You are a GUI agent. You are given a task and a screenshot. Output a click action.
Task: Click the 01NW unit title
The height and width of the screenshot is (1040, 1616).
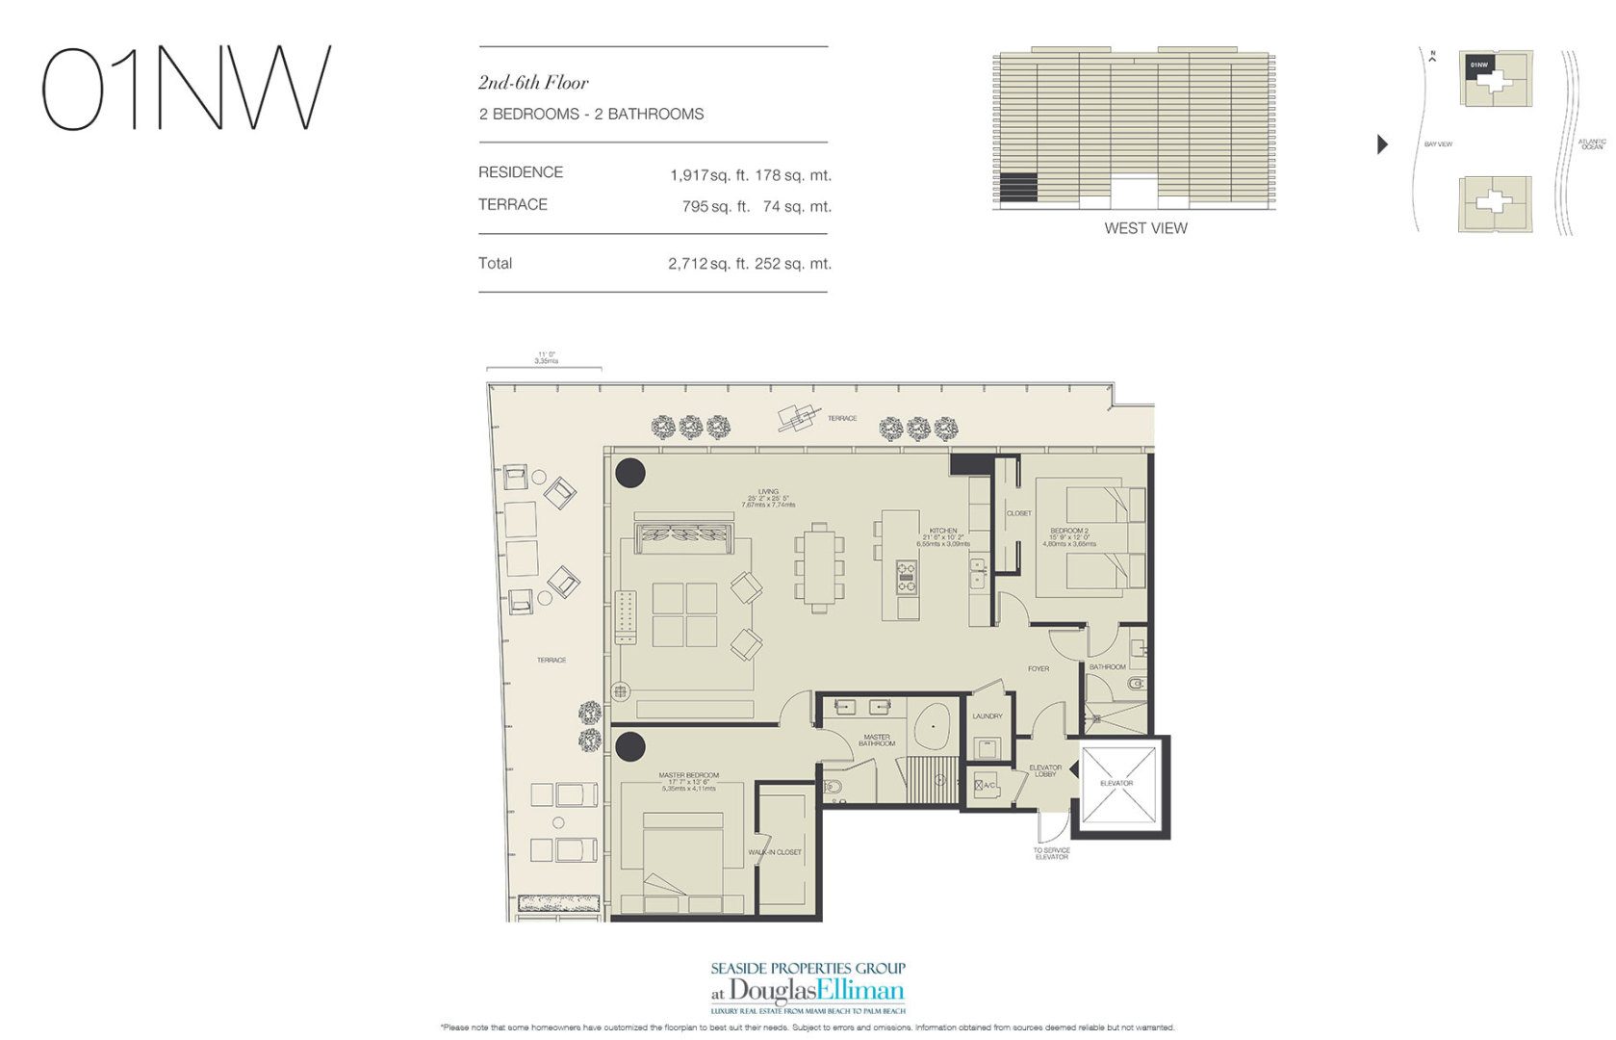(x=187, y=89)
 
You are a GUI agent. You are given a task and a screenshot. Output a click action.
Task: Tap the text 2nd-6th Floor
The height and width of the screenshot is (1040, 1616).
(x=533, y=83)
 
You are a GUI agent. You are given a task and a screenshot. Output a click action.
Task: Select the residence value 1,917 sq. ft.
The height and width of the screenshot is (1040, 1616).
(x=708, y=175)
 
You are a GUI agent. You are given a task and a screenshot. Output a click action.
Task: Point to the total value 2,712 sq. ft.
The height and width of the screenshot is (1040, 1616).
(x=707, y=264)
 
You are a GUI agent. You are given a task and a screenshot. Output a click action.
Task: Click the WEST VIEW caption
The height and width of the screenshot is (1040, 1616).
(x=1145, y=228)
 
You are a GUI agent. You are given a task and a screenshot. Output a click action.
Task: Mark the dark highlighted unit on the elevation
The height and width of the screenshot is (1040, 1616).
(x=1017, y=187)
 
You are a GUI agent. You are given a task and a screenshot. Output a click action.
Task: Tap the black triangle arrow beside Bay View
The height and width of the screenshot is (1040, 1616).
(x=1382, y=144)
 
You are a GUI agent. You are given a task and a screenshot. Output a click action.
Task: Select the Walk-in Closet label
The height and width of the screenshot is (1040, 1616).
(x=775, y=852)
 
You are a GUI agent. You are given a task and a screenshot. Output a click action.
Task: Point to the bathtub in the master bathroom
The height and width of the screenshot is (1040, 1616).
(x=931, y=726)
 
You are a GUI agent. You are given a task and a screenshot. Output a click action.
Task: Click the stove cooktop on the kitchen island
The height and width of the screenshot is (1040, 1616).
(x=907, y=576)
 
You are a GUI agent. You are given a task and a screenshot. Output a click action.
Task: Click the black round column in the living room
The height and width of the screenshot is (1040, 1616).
(x=630, y=472)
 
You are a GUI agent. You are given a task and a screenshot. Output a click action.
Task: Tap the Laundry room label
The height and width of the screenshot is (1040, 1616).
(x=988, y=716)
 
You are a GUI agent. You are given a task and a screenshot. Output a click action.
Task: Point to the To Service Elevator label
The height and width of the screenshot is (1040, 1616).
(x=1052, y=854)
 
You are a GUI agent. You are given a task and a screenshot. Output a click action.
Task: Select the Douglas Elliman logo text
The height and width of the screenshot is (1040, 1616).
(x=816, y=991)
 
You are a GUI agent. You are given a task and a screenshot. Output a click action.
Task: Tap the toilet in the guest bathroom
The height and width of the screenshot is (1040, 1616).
(x=1135, y=685)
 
